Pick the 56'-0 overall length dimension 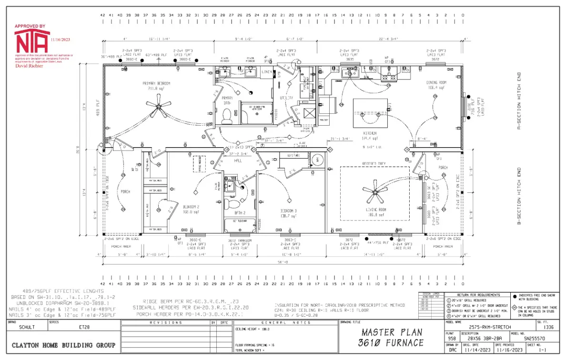283,262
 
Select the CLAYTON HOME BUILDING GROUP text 63,345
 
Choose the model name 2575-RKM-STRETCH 490,327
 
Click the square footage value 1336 548,327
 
